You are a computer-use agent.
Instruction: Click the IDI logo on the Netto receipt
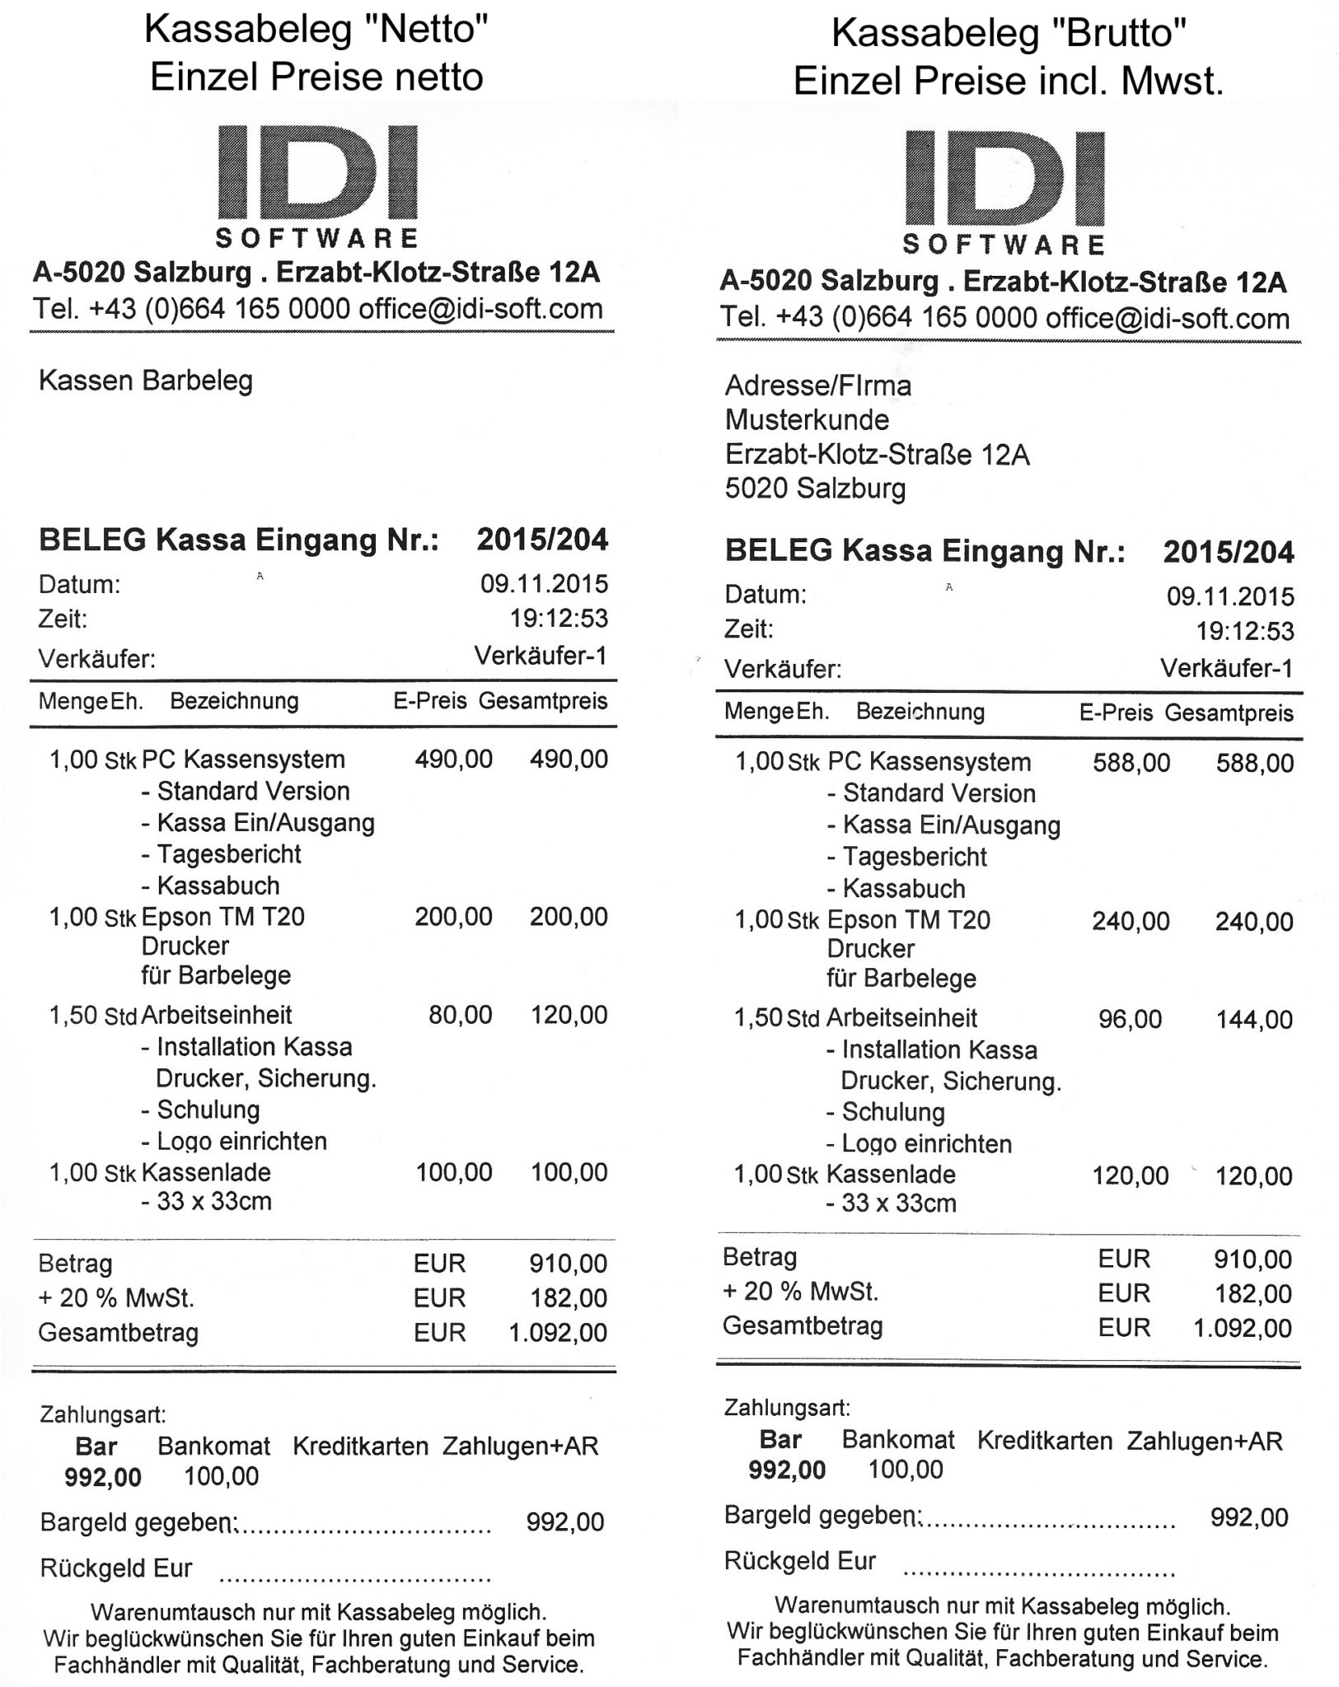pos(317,185)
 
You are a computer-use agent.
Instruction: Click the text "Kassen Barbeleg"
pos(146,381)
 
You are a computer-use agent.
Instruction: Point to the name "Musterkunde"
pos(807,420)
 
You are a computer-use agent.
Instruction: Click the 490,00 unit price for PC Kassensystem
pos(453,759)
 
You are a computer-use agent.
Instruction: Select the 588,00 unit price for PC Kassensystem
pos(1131,763)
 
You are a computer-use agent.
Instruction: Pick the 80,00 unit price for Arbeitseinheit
pos(460,1015)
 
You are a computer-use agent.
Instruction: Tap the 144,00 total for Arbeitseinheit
pos(1254,1021)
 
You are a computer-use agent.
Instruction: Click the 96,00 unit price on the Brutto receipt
pos(1130,1020)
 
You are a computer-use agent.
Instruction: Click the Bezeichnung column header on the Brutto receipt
pos(920,712)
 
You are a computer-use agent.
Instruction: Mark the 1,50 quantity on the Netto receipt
pos(73,1016)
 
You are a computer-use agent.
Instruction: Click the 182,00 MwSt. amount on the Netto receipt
pos(569,1298)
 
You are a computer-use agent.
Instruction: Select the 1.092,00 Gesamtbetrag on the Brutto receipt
pos(1243,1328)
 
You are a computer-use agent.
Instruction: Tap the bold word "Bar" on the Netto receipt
pos(96,1446)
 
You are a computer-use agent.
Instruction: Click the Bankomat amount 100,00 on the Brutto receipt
pos(906,1469)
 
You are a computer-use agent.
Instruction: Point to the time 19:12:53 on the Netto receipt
pos(559,618)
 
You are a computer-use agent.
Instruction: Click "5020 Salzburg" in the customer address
pos(815,489)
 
